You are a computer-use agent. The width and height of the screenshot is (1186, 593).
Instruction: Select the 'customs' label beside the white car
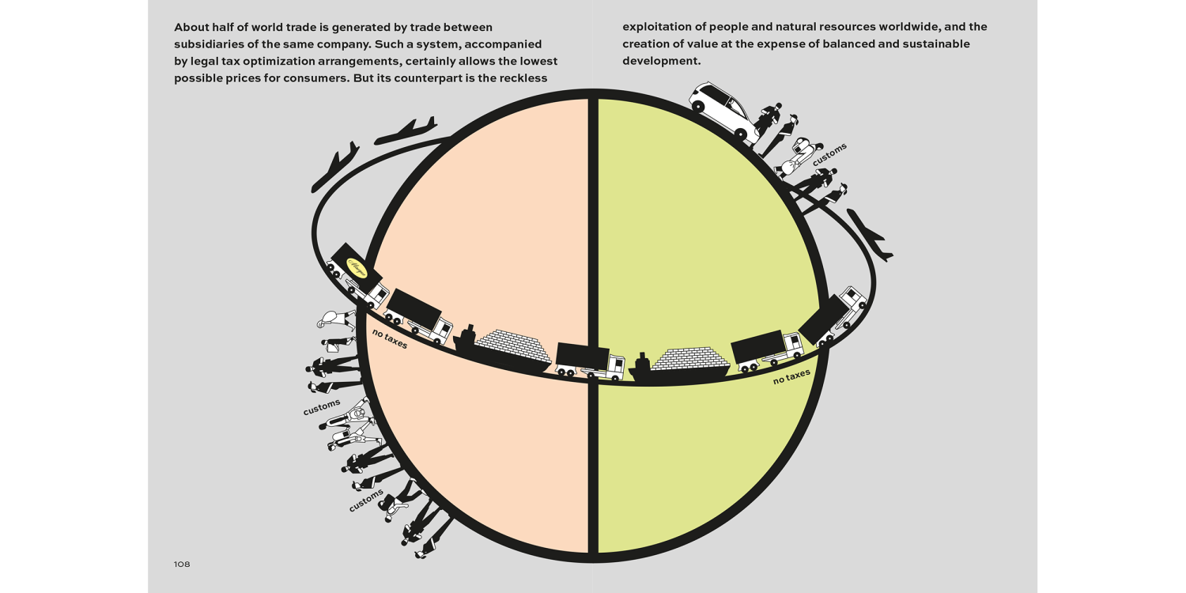[x=829, y=153]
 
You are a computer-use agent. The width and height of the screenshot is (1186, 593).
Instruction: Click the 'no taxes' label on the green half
[x=791, y=376]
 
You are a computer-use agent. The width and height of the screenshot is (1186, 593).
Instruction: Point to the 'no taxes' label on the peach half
[x=390, y=338]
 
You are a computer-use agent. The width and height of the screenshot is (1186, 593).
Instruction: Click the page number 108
[x=182, y=565]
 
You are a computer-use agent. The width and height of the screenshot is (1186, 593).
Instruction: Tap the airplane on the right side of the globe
[x=869, y=234]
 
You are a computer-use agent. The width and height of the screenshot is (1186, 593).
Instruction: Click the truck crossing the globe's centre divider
[x=589, y=361]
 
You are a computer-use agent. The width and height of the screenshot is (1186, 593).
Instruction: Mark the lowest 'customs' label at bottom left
[x=366, y=500]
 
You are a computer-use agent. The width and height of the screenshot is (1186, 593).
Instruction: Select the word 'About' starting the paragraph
[x=191, y=27]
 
